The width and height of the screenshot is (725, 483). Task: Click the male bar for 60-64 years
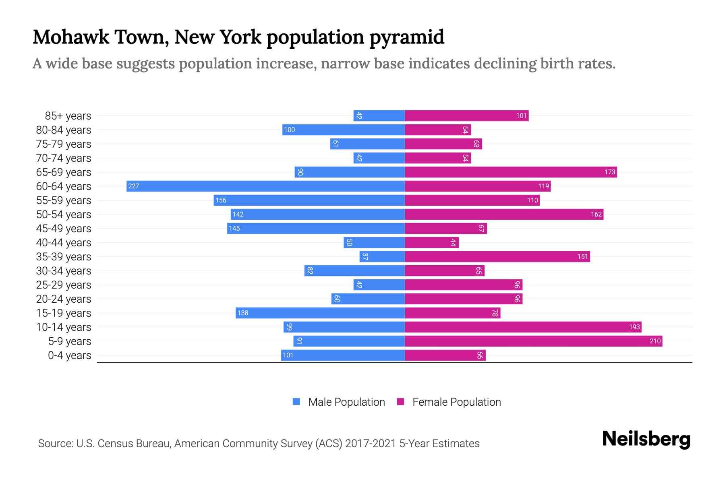pyautogui.click(x=266, y=186)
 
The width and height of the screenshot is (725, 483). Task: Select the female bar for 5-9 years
pyautogui.click(x=533, y=341)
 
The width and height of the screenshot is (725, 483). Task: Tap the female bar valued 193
pyautogui.click(x=523, y=327)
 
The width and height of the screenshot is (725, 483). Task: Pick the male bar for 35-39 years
pyautogui.click(x=382, y=256)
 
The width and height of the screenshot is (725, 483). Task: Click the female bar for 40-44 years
pyautogui.click(x=431, y=242)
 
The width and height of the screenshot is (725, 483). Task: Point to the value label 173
pyautogui.click(x=609, y=172)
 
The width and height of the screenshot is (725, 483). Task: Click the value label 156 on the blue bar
pyautogui.click(x=221, y=200)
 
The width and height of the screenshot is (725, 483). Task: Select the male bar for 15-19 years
pyautogui.click(x=320, y=313)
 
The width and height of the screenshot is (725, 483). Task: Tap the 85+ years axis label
pyautogui.click(x=68, y=116)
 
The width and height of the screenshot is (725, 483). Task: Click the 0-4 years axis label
pyautogui.click(x=69, y=355)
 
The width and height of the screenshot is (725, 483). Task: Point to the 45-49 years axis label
pyautogui.click(x=64, y=229)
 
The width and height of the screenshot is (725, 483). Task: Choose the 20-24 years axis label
pyautogui.click(x=64, y=299)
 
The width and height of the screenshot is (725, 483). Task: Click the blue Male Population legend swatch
pyautogui.click(x=296, y=402)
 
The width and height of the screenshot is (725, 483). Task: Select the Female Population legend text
pyautogui.click(x=456, y=402)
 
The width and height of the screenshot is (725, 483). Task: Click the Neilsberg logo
pyautogui.click(x=646, y=439)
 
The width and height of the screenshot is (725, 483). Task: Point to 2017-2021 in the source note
pyautogui.click(x=371, y=444)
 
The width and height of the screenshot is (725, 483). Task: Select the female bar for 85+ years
pyautogui.click(x=466, y=116)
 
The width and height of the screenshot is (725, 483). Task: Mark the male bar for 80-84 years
pyautogui.click(x=343, y=130)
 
